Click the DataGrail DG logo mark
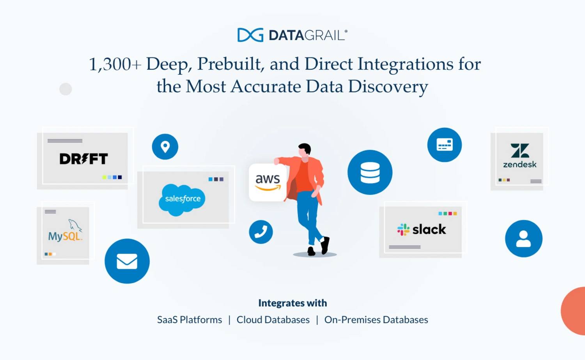click(x=250, y=35)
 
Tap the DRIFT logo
click(x=83, y=159)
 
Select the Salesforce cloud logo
click(x=182, y=199)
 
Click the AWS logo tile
click(x=268, y=183)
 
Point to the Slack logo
click(x=422, y=229)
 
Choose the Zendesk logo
click(x=519, y=156)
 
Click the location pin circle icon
click(x=165, y=147)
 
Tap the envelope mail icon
click(x=127, y=261)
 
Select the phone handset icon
click(x=261, y=232)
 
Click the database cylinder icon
click(x=370, y=172)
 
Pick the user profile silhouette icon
click(x=523, y=239)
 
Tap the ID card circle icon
click(x=445, y=145)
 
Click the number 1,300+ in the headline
click(x=115, y=64)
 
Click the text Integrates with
click(x=292, y=303)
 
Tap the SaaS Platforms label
click(x=190, y=320)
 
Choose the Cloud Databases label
click(x=273, y=320)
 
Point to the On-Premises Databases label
click(x=376, y=320)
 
